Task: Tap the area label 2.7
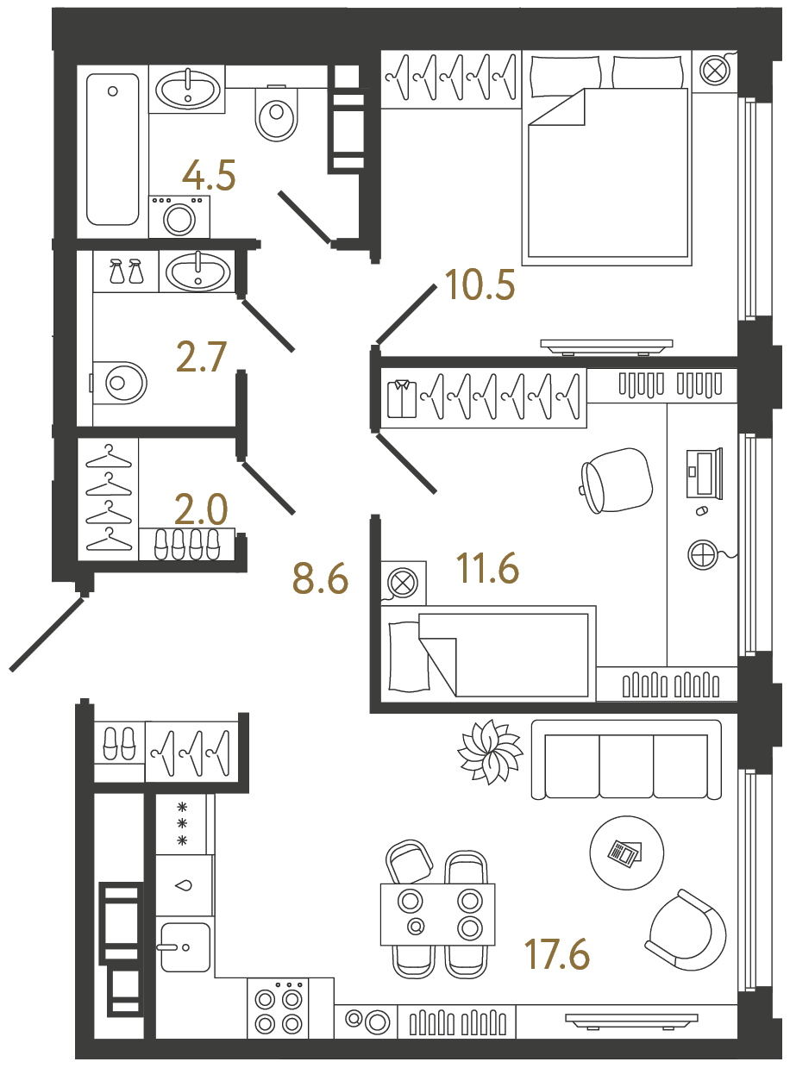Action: (201, 357)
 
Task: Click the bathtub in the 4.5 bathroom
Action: (113, 148)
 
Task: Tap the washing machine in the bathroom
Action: (179, 216)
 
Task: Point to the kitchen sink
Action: (185, 946)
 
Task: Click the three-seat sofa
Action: (626, 759)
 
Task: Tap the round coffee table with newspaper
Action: (627, 853)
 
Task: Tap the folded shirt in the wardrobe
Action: (402, 398)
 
